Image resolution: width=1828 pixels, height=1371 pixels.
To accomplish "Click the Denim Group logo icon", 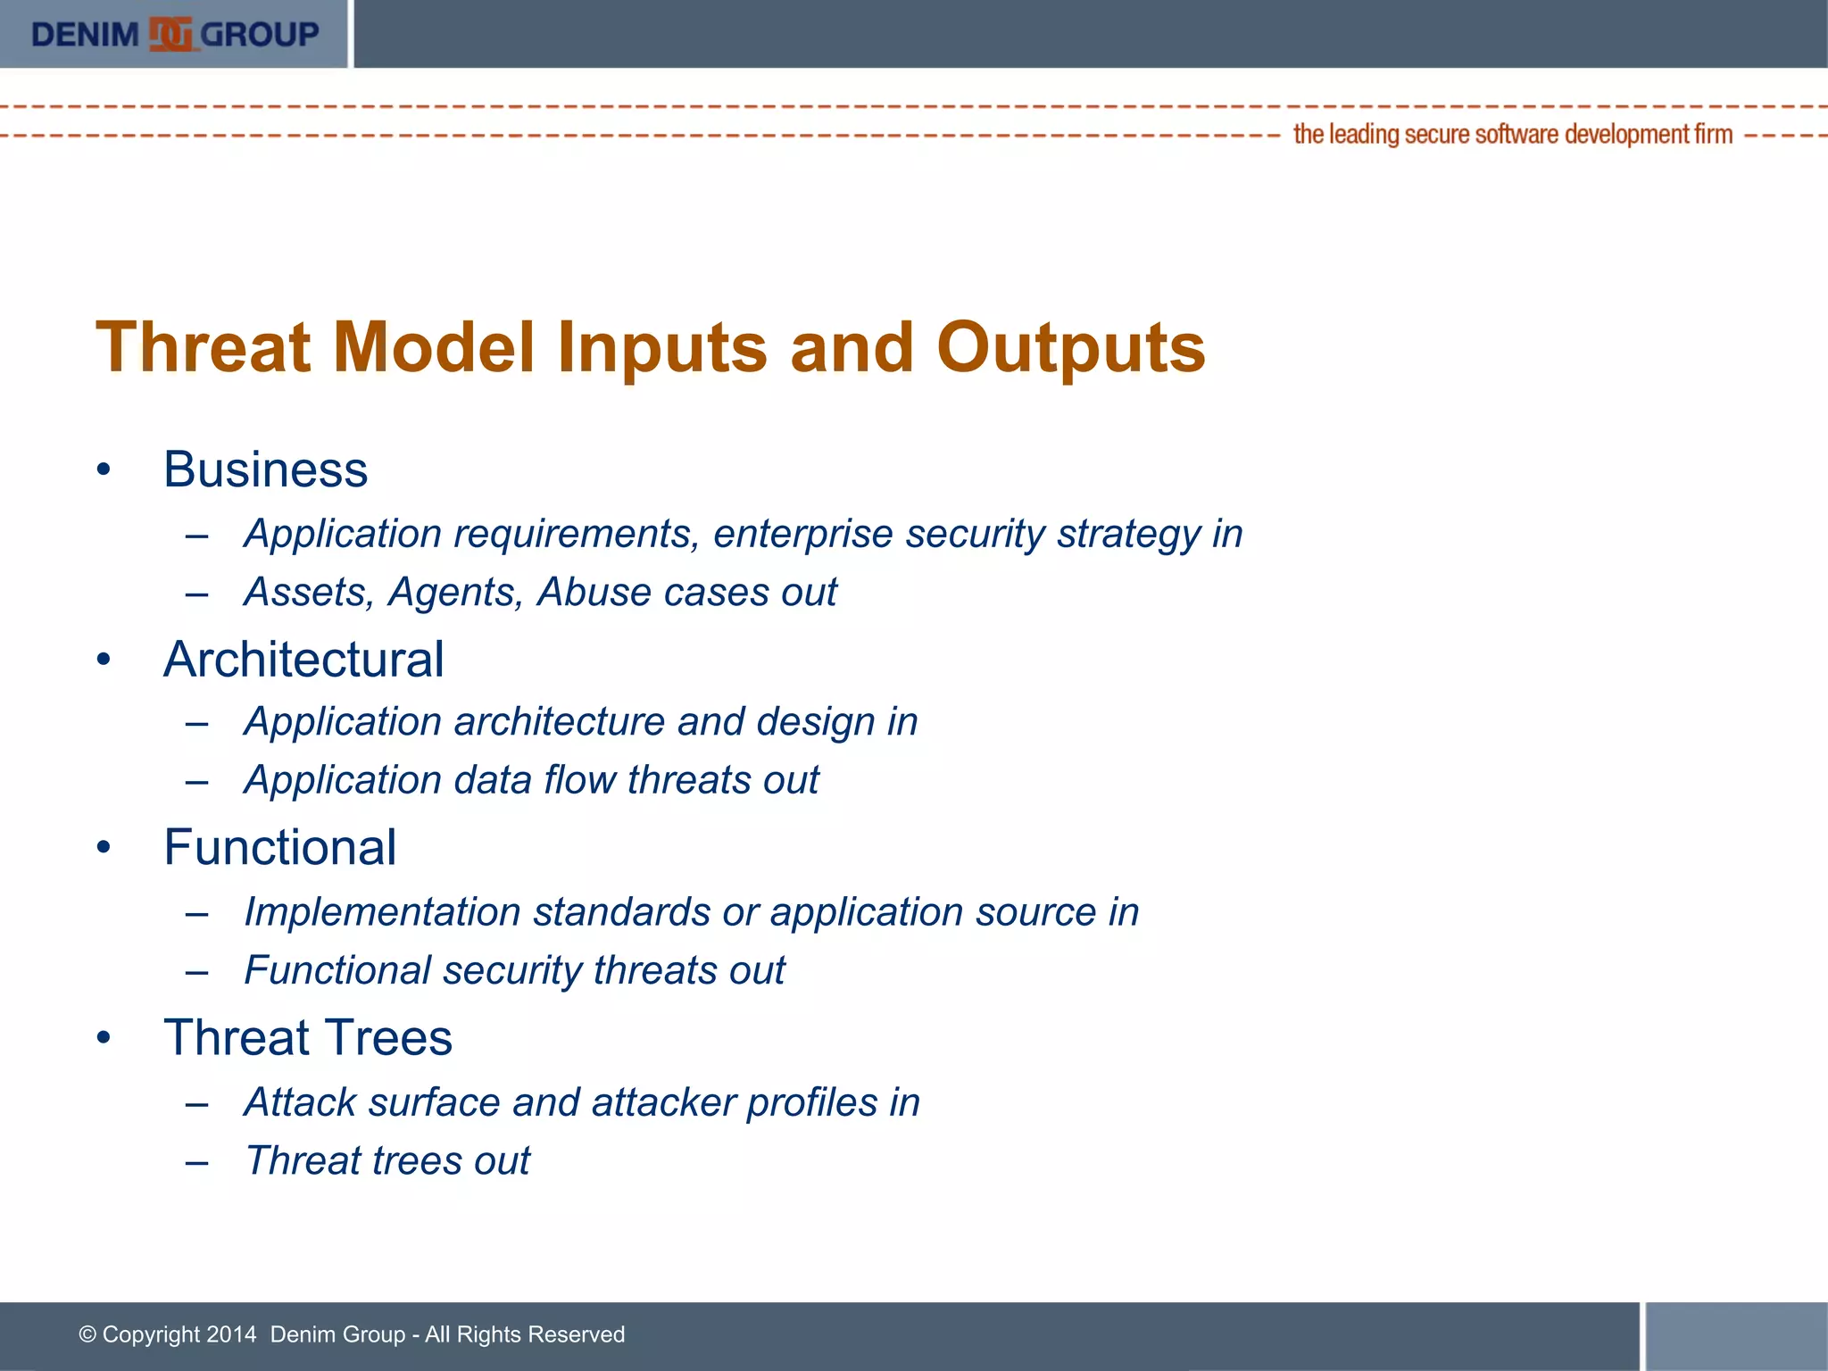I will [x=170, y=35].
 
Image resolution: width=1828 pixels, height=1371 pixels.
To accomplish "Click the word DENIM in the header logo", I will [x=85, y=35].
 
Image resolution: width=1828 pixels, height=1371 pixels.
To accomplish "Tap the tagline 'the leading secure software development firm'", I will [x=1512, y=135].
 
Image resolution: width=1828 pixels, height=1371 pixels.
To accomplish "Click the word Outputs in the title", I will [x=1070, y=347].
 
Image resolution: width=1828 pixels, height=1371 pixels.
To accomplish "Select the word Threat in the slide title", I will [x=203, y=347].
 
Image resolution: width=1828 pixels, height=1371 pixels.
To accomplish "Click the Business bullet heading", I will [x=265, y=469].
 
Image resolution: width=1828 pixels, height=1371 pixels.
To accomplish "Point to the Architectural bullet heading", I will [x=303, y=660].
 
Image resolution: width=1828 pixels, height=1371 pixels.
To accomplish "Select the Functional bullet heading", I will [x=279, y=847].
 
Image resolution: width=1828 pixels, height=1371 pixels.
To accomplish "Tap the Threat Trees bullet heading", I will [x=308, y=1037].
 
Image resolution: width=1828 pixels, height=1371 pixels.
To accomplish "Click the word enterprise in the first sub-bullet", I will [x=802, y=535].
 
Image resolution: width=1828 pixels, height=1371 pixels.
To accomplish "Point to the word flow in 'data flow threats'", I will [x=579, y=780].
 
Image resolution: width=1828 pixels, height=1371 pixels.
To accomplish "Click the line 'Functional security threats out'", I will [x=514, y=971].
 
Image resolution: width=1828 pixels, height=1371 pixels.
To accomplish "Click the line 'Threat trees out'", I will [x=387, y=1161].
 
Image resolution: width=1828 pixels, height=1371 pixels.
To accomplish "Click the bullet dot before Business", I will [x=104, y=470].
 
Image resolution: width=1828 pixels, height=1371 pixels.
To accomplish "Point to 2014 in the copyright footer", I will [x=230, y=1334].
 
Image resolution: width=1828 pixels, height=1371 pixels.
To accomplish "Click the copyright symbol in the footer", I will [x=87, y=1334].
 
